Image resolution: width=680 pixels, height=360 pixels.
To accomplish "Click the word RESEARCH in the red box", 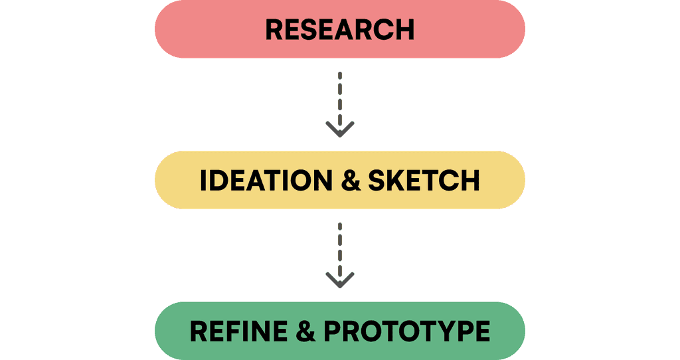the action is tap(339, 29).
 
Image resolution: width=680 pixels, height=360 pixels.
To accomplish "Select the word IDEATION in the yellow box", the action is tap(266, 181).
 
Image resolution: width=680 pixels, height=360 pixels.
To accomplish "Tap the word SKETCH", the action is tap(424, 181).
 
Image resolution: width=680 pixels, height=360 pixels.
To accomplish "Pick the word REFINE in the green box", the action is tap(238, 331).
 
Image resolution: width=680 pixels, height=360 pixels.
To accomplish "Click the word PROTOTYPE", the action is tap(407, 331).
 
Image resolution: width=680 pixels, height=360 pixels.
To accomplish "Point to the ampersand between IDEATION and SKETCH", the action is tap(351, 181).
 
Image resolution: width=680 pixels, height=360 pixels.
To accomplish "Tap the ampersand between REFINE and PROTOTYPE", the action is tap(305, 331).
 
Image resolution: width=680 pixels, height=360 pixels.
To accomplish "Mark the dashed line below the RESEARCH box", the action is tap(340, 100).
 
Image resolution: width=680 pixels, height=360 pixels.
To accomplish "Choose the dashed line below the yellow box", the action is tap(340, 250).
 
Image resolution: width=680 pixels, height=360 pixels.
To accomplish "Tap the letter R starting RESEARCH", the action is tap(274, 29).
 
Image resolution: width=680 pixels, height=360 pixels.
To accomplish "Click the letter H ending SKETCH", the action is tap(471, 181).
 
